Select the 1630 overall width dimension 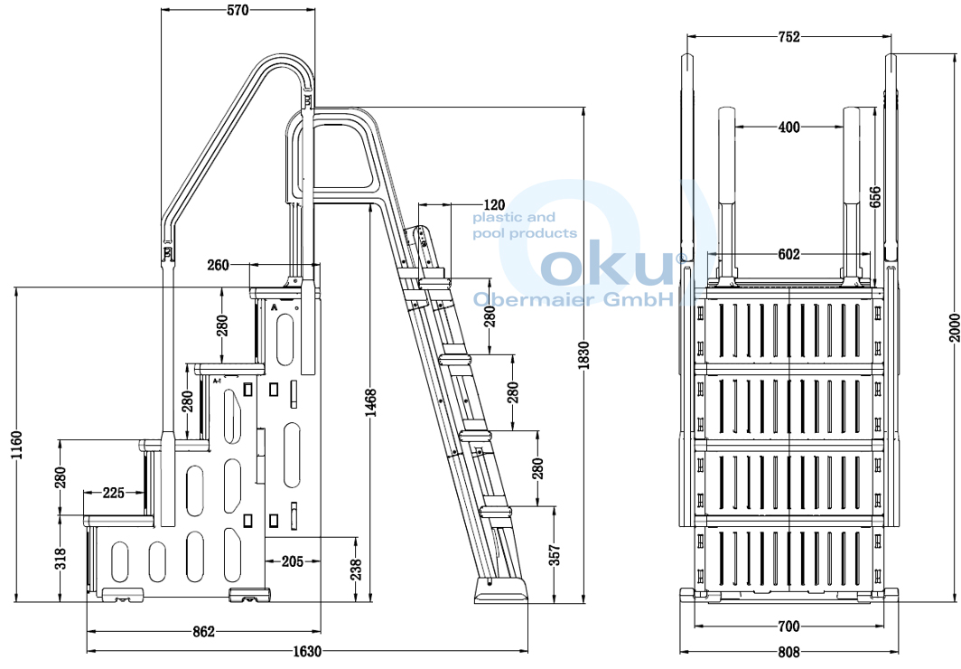click(x=307, y=651)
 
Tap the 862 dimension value click(x=204, y=632)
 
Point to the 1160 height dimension click(x=15, y=445)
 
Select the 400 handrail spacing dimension click(x=788, y=127)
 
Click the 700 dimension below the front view click(x=788, y=626)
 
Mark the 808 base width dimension click(x=788, y=652)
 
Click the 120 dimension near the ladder click(x=494, y=205)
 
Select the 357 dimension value click(x=555, y=553)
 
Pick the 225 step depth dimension click(x=114, y=493)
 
